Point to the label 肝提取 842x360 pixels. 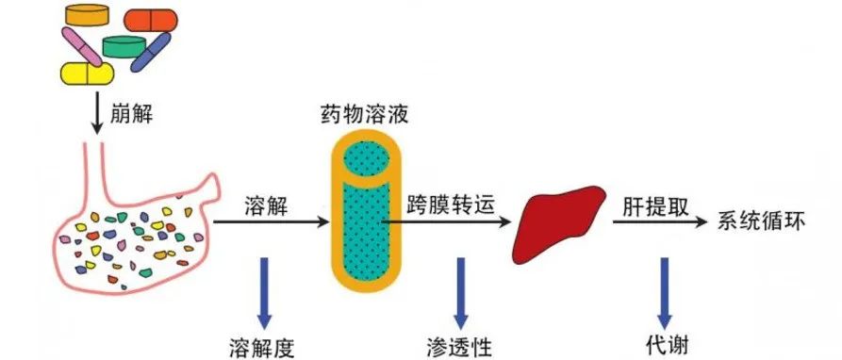[x=650, y=204]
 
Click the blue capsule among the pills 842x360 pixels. [x=150, y=52]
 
